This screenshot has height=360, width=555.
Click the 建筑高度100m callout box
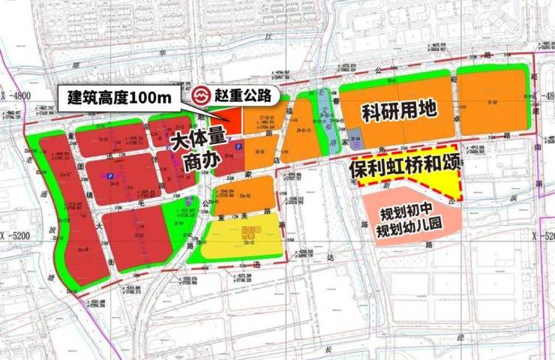pos(120,97)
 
